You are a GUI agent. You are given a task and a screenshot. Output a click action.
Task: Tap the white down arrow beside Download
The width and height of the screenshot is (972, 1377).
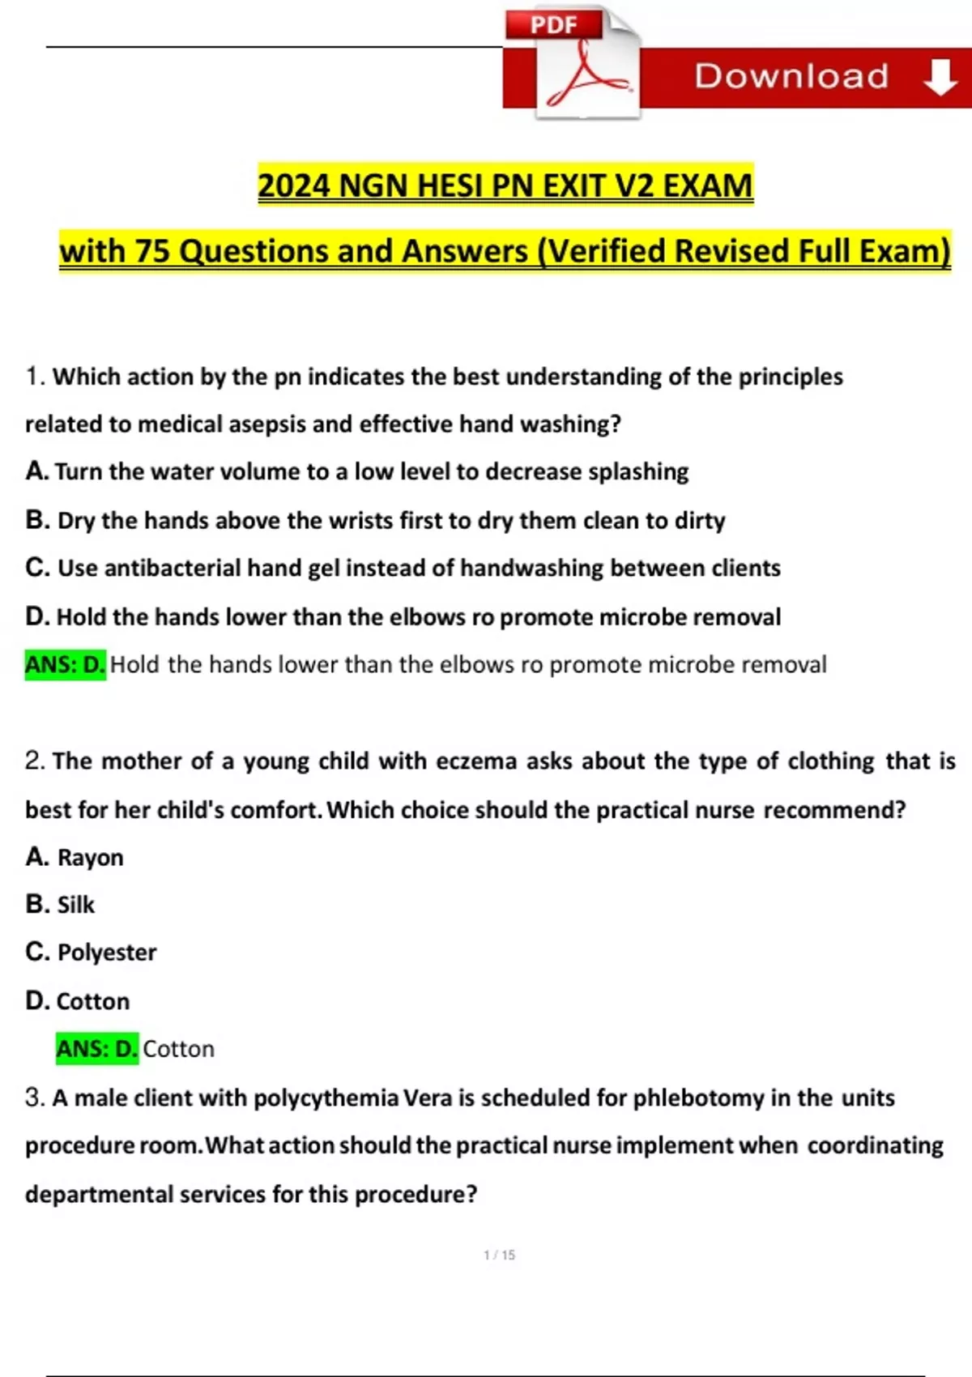(940, 78)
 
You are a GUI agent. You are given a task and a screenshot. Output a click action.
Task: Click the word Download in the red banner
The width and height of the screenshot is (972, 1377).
(791, 76)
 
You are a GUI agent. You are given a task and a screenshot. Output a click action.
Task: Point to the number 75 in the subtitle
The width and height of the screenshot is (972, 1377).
(151, 251)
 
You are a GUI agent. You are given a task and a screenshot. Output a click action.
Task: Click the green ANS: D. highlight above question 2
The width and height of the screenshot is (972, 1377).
(65, 665)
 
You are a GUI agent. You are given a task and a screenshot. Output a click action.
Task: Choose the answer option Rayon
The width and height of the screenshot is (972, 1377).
(90, 857)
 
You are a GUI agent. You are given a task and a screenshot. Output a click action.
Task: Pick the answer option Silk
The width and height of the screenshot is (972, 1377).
(75, 904)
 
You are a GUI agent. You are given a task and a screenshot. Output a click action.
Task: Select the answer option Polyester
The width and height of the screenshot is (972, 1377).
(106, 953)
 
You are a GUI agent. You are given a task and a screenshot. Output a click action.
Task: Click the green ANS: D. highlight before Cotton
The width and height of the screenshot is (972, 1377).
(97, 1049)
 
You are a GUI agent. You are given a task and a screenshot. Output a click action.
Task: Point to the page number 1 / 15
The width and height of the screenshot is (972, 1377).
(499, 1255)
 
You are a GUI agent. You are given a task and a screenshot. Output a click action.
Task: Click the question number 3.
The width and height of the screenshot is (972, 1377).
(34, 1098)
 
